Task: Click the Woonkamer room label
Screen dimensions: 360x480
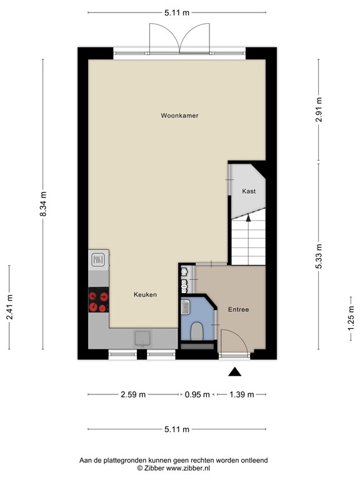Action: pos(180,116)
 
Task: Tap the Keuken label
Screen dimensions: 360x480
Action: pos(145,294)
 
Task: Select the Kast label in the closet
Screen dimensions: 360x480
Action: pos(249,191)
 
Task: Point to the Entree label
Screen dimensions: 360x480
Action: pos(239,309)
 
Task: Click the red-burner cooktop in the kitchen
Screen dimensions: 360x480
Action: pos(99,300)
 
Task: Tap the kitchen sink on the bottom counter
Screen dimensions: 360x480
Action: pos(142,339)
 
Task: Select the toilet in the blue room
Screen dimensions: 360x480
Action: pos(197,331)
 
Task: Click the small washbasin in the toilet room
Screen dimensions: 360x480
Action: pos(186,307)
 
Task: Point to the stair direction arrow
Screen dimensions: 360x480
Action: pos(248,217)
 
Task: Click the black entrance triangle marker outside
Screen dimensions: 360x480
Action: pos(235,372)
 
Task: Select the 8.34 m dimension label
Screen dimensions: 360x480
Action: pos(43,204)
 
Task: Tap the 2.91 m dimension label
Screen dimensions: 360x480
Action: pos(319,109)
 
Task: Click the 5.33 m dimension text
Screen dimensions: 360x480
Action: pos(319,256)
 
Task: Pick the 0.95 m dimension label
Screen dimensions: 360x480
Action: pos(197,394)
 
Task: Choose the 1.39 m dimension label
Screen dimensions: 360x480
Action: pos(242,394)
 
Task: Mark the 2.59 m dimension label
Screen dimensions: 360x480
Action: pos(133,394)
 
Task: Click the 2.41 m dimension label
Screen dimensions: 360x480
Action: pos(9,307)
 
